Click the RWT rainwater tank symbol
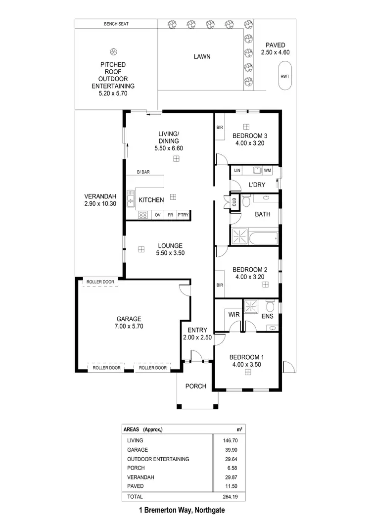285,76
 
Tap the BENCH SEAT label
116,24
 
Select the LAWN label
202,56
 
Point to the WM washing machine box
268,171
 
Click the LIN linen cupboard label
237,171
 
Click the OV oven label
157,215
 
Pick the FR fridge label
170,215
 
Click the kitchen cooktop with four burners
143,215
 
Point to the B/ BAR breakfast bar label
143,172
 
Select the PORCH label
196,386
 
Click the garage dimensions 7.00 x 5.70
129,327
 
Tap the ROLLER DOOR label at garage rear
100,282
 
